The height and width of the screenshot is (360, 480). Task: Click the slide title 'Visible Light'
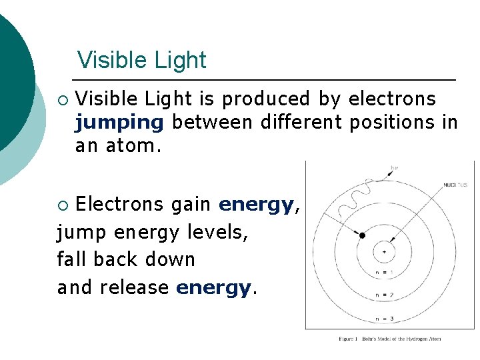pyautogui.click(x=141, y=60)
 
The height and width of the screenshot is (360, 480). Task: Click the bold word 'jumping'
pyautogui.click(x=119, y=123)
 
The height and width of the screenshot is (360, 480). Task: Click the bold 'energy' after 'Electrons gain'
pyautogui.click(x=257, y=205)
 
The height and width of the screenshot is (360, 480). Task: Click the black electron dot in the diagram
pyautogui.click(x=362, y=235)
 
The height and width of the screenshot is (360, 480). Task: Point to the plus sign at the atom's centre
pyautogui.click(x=383, y=252)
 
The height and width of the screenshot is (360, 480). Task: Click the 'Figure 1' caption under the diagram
pyautogui.click(x=390, y=339)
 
